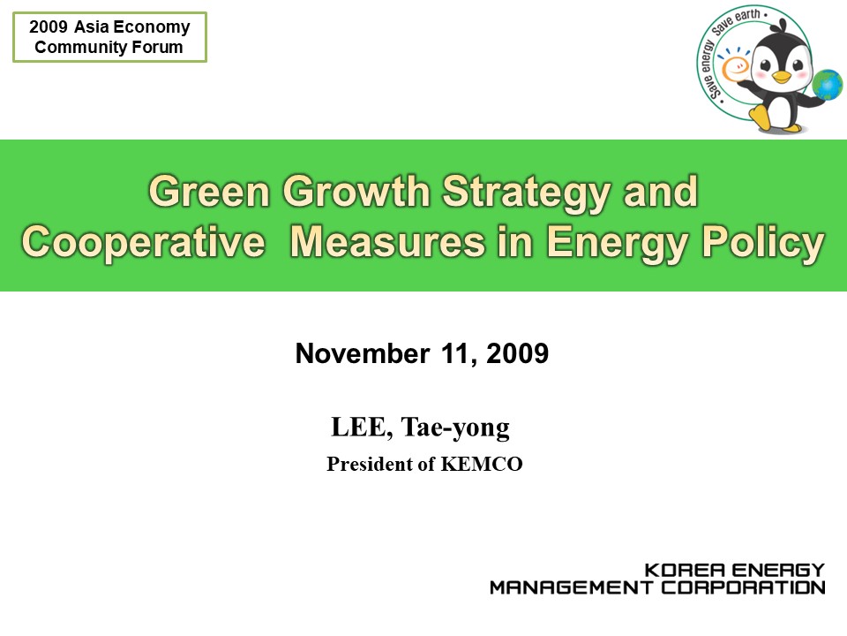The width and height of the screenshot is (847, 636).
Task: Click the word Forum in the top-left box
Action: coord(158,47)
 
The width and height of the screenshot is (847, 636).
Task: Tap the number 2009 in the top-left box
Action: coord(48,26)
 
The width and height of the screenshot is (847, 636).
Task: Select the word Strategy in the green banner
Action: coord(527,193)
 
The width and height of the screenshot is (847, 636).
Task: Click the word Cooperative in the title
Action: coord(143,242)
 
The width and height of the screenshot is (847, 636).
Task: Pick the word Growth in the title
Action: coord(356,192)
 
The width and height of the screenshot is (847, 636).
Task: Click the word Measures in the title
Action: coord(388,242)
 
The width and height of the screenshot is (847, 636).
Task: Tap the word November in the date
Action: coord(363,353)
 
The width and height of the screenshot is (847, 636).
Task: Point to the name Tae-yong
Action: coord(455,428)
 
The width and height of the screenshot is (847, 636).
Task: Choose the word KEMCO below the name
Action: coord(482,464)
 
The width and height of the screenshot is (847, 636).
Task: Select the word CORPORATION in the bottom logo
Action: coord(744,587)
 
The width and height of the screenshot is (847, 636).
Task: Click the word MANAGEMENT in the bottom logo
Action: coord(571,587)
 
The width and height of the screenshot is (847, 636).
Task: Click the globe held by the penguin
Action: coord(827,85)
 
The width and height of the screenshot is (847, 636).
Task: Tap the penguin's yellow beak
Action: coord(781,77)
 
